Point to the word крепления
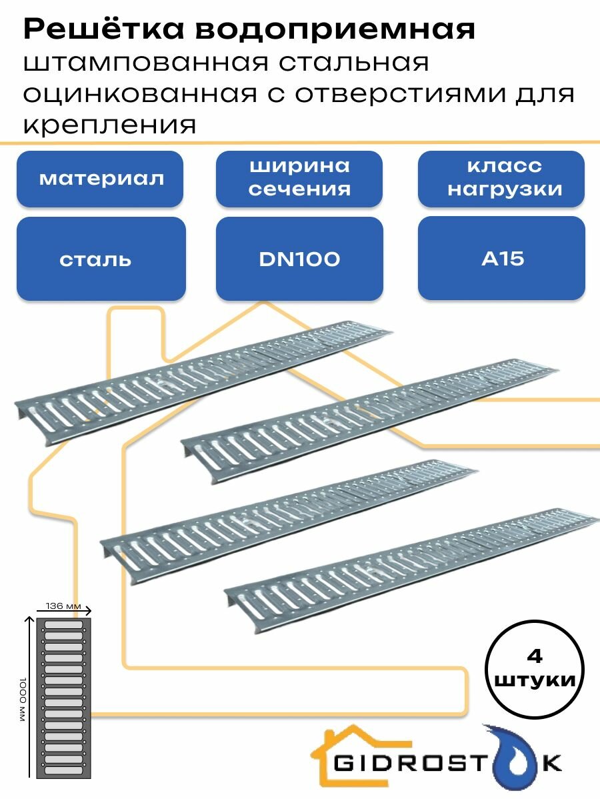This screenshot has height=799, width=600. pyautogui.click(x=111, y=125)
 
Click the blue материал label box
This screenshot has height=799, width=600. pyautogui.click(x=100, y=179)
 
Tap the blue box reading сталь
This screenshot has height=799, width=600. pyautogui.click(x=100, y=259)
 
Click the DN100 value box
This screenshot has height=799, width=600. pyautogui.click(x=299, y=259)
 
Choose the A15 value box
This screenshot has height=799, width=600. pyautogui.click(x=501, y=259)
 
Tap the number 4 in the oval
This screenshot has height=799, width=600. pyautogui.click(x=535, y=656)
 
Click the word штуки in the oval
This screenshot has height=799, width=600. pyautogui.click(x=535, y=681)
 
